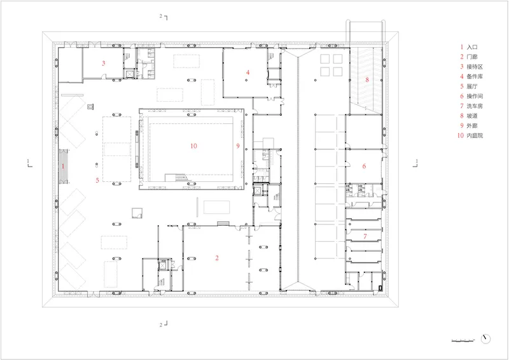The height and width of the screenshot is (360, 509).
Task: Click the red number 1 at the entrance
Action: [63, 166]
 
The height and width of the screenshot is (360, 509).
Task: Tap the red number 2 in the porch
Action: [217, 258]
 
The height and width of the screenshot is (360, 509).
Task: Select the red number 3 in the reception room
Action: [104, 63]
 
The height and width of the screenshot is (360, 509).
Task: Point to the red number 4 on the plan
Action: [248, 73]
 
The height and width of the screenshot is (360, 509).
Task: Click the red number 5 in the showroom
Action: [97, 180]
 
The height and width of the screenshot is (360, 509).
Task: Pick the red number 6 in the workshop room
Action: [364, 166]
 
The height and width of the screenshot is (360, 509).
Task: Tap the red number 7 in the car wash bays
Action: [365, 237]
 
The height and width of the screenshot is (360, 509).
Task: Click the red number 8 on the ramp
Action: [367, 80]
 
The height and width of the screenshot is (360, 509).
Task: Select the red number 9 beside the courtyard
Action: [238, 146]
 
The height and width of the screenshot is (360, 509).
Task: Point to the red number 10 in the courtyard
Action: [194, 146]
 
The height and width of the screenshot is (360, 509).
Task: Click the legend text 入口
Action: [472, 47]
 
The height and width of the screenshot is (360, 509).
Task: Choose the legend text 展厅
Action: [472, 87]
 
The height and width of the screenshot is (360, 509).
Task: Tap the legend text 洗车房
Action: [475, 106]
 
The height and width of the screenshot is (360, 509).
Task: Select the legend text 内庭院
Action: [475, 135]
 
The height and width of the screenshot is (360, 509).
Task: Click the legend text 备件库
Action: [475, 76]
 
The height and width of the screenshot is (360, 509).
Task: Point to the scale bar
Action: [463, 340]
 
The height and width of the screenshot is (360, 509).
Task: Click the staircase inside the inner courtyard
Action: [176, 178]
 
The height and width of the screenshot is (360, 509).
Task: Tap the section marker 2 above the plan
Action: [164, 17]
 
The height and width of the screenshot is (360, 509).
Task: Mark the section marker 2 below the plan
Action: [164, 324]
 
